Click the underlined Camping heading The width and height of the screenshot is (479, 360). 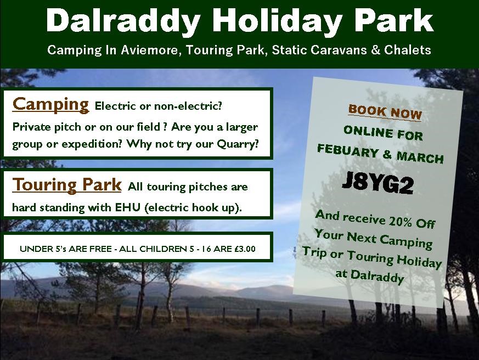click(50, 104)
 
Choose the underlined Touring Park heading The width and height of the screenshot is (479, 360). click(67, 185)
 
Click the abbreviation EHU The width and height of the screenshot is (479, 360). click(127, 207)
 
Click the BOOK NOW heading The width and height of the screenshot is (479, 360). click(385, 113)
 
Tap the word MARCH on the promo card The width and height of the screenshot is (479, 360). click(420, 157)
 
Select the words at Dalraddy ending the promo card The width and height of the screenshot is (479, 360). click(370, 275)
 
